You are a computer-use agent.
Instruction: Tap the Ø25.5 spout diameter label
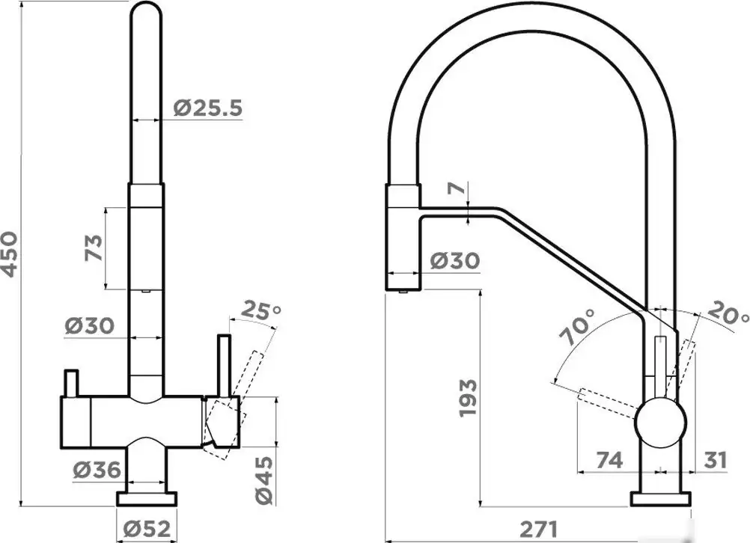pyautogui.click(x=207, y=108)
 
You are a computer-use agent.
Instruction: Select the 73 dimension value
pyautogui.click(x=94, y=248)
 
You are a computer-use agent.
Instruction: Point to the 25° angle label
pyautogui.click(x=260, y=310)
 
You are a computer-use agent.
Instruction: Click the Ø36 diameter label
pyautogui.click(x=97, y=470)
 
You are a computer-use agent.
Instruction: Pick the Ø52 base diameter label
pyautogui.click(x=147, y=529)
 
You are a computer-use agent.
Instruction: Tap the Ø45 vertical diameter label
pyautogui.click(x=264, y=480)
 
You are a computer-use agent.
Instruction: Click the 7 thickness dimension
pyautogui.click(x=457, y=188)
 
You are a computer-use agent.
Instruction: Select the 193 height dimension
pyautogui.click(x=468, y=398)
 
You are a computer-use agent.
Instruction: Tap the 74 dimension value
pyautogui.click(x=610, y=460)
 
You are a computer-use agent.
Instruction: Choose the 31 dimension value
pyautogui.click(x=716, y=460)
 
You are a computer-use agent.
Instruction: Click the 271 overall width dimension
pyautogui.click(x=539, y=530)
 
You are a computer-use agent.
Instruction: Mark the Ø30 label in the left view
pyautogui.click(x=90, y=326)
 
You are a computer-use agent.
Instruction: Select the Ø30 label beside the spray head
pyautogui.click(x=455, y=260)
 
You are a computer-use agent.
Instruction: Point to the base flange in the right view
pyautogui.click(x=660, y=499)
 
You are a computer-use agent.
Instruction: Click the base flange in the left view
pyautogui.click(x=147, y=499)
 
